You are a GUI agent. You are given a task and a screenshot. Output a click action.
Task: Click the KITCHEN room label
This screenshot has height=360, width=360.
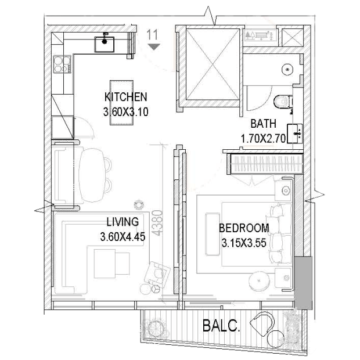[125, 97]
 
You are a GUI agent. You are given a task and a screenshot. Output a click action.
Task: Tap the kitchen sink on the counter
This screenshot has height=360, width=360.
[105, 44]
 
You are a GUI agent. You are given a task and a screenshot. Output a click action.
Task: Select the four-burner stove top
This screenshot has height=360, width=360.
[62, 64]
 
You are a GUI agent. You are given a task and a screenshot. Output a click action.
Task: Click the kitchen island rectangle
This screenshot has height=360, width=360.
[121, 103]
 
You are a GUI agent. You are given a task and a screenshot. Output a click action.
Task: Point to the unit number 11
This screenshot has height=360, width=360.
[152, 35]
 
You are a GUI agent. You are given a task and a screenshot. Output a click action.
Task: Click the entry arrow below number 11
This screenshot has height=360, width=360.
[154, 47]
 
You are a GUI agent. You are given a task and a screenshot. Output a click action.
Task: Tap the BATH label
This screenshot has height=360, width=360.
[263, 124]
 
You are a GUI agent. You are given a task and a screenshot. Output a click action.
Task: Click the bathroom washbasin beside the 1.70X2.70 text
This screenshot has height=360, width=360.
[295, 134]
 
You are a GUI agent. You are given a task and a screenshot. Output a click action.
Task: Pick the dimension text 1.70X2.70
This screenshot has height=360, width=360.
[263, 139]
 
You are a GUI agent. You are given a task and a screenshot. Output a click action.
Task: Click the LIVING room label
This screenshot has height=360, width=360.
[123, 222]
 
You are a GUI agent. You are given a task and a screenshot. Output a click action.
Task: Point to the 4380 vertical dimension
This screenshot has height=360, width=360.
[158, 223]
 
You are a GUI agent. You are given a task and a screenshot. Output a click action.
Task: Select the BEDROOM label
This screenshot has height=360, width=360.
[244, 228]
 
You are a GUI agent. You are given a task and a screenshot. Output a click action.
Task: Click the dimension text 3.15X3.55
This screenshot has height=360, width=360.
[244, 243]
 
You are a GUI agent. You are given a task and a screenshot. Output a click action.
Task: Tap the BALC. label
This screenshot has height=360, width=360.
[221, 325]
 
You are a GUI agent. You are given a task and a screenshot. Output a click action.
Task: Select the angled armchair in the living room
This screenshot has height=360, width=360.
[157, 275]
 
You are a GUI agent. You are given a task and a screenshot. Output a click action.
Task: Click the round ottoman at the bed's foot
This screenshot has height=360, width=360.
[259, 281]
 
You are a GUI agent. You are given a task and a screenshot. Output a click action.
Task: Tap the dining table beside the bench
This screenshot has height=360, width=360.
[92, 175]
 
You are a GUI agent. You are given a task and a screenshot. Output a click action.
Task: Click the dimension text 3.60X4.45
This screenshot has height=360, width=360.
[123, 237]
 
